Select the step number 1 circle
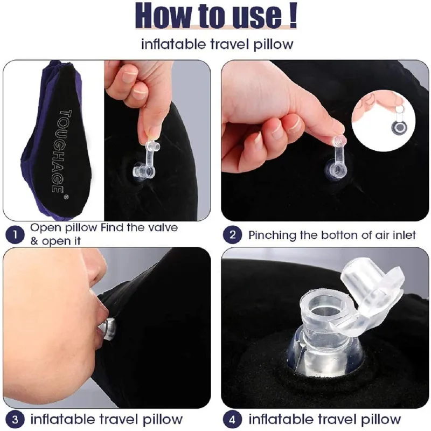15,235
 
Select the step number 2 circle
233,235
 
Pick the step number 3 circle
15,419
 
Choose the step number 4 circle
233,419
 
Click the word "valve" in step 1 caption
161,228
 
